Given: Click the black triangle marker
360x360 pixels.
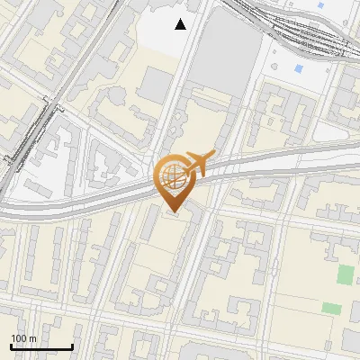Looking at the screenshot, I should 181,24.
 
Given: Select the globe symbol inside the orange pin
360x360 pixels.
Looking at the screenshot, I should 173,176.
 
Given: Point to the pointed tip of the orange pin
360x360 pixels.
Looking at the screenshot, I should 173,212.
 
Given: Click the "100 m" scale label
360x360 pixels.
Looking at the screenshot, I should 24,338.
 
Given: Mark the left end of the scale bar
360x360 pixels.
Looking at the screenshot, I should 11,346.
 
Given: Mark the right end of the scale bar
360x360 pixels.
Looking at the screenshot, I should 73,346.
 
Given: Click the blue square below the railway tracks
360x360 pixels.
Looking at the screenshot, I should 299,69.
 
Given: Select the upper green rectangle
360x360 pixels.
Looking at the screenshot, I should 345,274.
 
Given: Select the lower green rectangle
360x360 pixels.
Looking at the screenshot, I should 331,308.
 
